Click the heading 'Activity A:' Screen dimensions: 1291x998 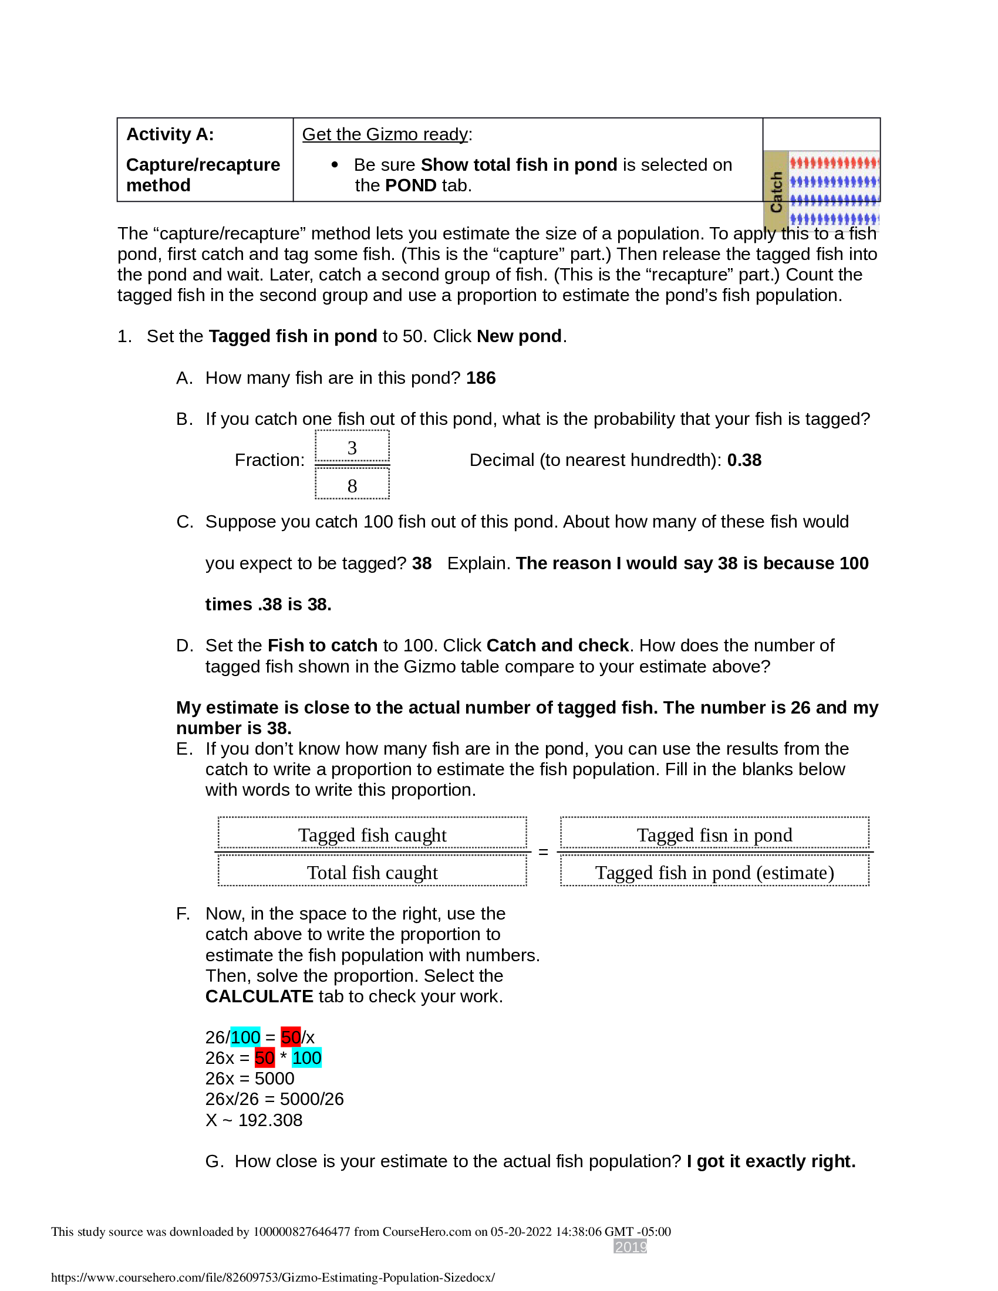point(170,134)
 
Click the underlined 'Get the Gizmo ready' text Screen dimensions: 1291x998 point(385,134)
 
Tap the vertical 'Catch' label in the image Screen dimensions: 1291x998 point(776,192)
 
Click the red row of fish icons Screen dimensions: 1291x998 point(834,163)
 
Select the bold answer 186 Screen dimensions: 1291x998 point(481,378)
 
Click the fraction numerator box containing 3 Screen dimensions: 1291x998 point(352,448)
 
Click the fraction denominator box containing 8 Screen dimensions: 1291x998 point(352,485)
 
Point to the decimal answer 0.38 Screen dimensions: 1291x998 point(744,460)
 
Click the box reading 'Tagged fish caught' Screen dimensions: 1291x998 point(372,834)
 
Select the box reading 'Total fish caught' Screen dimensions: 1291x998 point(372,873)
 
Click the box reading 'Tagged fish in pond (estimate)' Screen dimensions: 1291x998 point(714,873)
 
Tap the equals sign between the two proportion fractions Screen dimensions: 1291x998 point(543,853)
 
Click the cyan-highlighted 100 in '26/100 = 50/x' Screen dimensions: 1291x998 point(245,1037)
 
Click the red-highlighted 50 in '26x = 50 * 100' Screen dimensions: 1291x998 point(264,1058)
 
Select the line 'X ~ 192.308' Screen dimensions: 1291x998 point(254,1120)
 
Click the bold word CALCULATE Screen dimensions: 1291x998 point(259,996)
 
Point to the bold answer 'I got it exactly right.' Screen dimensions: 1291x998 point(771,1161)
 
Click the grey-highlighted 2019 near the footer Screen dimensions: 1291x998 point(630,1246)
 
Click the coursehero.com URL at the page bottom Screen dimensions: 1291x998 point(272,1278)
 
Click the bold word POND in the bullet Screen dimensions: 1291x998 point(410,185)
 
